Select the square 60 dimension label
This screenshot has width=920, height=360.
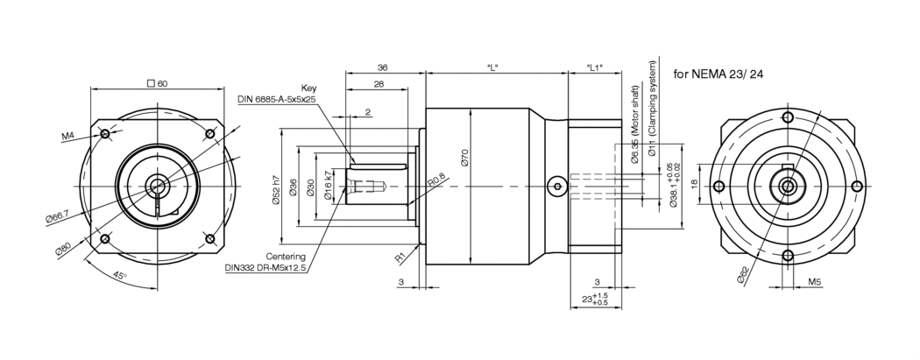pos(158,83)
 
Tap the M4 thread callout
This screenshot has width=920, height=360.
pos(68,137)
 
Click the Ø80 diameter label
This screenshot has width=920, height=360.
pos(63,249)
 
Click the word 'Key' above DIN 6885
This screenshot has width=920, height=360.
pos(308,88)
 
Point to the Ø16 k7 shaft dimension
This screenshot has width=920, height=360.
pos(328,186)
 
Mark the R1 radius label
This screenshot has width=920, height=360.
pos(399,258)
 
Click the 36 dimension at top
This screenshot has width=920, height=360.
pos(382,67)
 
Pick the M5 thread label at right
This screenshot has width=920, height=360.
pos(815,283)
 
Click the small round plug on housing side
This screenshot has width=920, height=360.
pos(556,186)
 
